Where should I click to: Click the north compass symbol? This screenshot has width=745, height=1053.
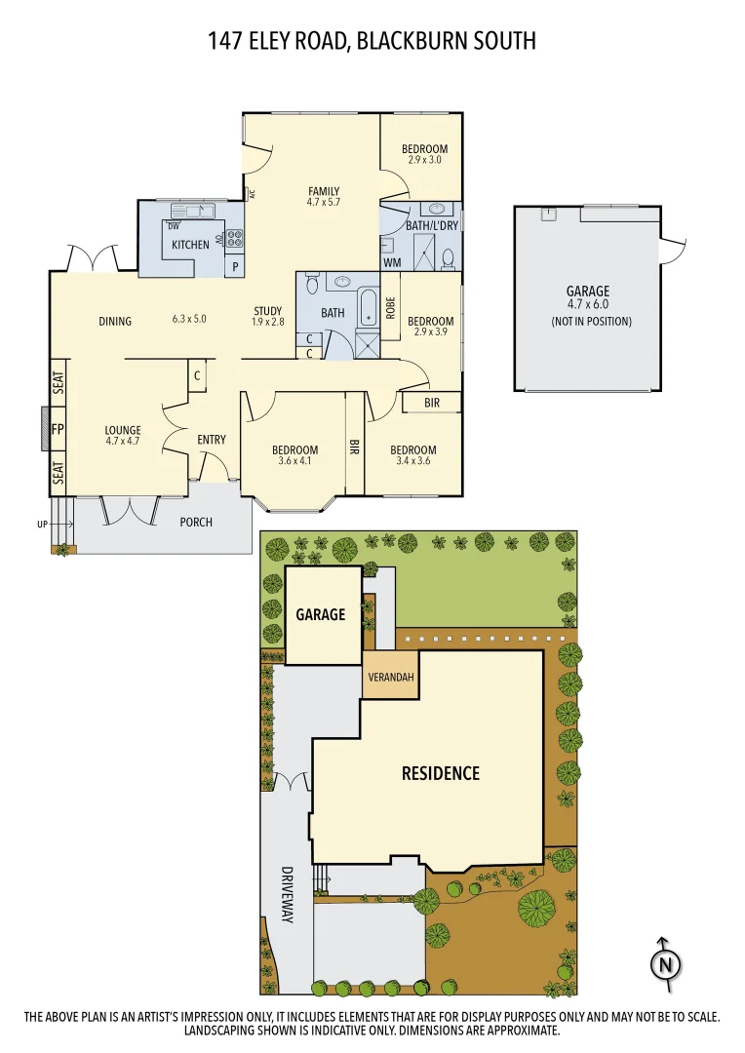click(665, 962)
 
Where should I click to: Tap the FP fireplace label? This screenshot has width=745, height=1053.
click(58, 429)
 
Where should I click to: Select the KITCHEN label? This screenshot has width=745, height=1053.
click(190, 245)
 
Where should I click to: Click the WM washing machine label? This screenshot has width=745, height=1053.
click(391, 262)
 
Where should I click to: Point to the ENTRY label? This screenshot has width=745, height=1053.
click(212, 440)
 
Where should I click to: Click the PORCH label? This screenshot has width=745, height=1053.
click(196, 522)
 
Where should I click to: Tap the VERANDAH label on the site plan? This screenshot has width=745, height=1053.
click(390, 679)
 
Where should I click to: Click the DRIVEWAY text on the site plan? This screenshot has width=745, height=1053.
click(288, 894)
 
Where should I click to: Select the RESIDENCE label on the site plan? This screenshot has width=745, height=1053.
click(441, 773)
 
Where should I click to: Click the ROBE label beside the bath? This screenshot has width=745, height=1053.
click(390, 308)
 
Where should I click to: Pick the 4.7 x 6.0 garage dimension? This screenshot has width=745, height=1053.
click(588, 305)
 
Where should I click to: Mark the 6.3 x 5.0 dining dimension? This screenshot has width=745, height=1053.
click(189, 319)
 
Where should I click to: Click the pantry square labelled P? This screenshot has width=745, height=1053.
click(235, 266)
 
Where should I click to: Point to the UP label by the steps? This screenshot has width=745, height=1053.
click(42, 525)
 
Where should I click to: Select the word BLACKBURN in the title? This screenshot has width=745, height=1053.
click(415, 41)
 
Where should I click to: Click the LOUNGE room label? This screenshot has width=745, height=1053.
click(123, 430)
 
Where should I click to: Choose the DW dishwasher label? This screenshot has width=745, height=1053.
click(174, 226)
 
